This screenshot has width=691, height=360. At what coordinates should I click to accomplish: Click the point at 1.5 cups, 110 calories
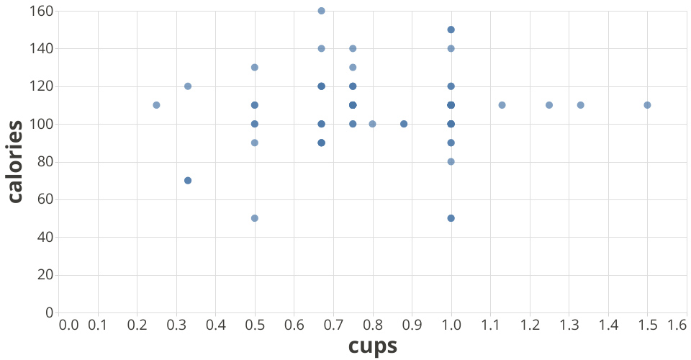click(647, 105)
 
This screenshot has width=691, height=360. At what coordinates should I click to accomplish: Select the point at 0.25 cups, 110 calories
click(156, 105)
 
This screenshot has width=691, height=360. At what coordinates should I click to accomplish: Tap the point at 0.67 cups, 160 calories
click(321, 11)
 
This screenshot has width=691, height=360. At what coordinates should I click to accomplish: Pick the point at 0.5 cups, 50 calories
click(254, 218)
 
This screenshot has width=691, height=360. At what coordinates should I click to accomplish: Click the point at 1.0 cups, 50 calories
click(451, 218)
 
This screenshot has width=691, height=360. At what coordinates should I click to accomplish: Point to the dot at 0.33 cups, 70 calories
click(188, 181)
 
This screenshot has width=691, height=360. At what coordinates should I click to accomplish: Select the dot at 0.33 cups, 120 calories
click(188, 86)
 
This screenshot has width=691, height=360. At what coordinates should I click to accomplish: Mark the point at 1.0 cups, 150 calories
click(451, 30)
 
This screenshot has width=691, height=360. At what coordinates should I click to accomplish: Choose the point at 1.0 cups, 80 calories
click(451, 161)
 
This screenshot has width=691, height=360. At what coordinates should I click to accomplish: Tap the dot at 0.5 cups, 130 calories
click(254, 68)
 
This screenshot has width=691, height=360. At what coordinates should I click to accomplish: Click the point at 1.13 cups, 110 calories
click(502, 105)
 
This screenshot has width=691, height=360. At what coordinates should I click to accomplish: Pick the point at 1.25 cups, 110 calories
click(549, 105)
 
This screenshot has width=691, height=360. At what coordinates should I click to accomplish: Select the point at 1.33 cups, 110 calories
click(580, 105)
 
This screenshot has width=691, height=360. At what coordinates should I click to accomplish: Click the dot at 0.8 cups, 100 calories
click(372, 124)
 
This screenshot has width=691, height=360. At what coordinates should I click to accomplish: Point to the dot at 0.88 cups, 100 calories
click(404, 124)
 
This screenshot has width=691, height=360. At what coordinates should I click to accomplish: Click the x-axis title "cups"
click(372, 346)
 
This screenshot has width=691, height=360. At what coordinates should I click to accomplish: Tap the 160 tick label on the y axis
click(41, 12)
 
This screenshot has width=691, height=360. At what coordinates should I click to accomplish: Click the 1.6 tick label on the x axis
click(677, 325)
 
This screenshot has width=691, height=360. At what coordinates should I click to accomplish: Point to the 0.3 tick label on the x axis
click(176, 325)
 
